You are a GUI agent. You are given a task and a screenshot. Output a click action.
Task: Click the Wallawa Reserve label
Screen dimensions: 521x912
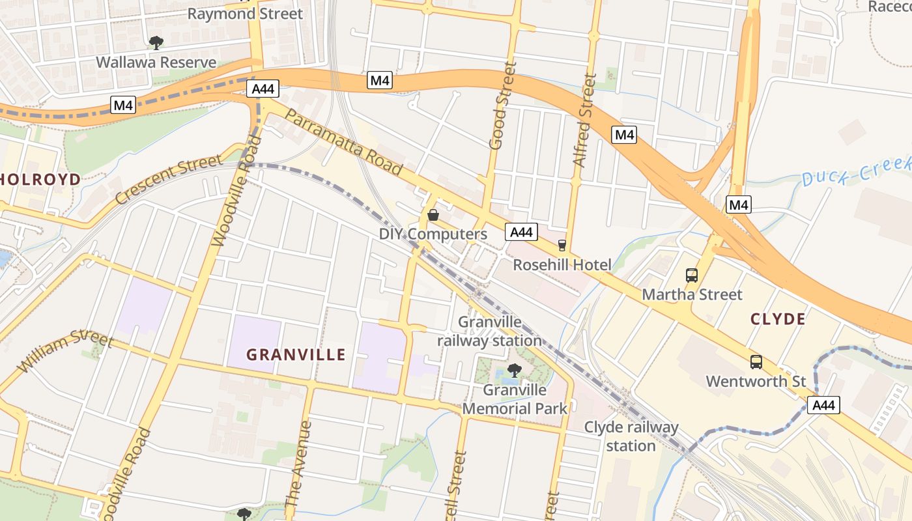coord(156,63)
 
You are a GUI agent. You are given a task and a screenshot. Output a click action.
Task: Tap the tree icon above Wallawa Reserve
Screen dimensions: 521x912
coord(156,43)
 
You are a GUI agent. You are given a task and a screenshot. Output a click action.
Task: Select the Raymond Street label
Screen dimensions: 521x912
coord(245,14)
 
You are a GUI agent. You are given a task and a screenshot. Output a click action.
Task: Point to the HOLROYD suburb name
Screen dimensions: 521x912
coord(41,179)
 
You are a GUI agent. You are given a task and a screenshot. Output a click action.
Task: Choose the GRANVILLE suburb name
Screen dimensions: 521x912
coord(296,355)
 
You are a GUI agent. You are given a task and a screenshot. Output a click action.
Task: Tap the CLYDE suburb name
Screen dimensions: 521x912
coord(778,319)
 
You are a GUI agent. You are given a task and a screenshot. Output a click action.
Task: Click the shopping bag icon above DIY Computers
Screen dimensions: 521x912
coord(433,215)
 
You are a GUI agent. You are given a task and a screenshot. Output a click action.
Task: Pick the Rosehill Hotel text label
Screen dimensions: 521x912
coord(562,265)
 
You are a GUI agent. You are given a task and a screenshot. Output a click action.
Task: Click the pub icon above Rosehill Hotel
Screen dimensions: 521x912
coord(562,246)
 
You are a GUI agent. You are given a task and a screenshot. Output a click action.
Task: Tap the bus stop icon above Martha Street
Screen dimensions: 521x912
coord(692,275)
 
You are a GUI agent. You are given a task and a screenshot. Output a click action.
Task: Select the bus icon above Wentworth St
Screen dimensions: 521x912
coord(756,362)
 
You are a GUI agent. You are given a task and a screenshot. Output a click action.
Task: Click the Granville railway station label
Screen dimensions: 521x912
coord(489,331)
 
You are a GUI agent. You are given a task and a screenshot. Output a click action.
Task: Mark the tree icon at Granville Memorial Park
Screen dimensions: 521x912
coord(514,371)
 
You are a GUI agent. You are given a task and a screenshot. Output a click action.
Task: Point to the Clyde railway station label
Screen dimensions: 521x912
coord(631,436)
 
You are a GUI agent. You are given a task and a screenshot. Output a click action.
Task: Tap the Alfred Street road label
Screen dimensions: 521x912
coord(584,120)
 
